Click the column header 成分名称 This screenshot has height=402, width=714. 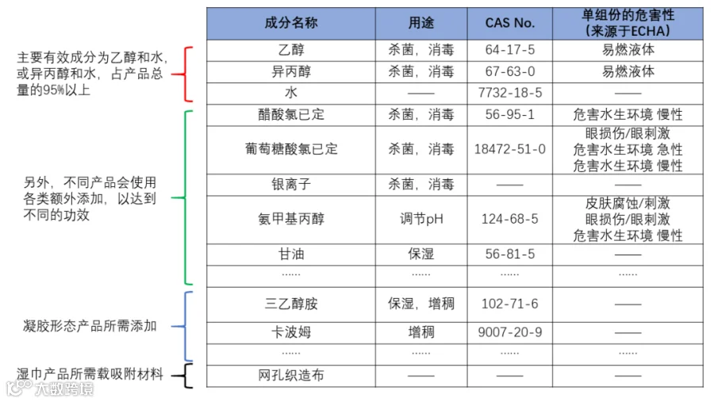(x=291, y=23)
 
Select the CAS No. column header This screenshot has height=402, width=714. (x=509, y=23)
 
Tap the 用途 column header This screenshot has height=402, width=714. (x=421, y=23)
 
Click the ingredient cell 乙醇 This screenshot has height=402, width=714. (x=291, y=50)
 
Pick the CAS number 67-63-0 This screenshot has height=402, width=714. (x=509, y=71)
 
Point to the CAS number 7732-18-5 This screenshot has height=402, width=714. (x=509, y=93)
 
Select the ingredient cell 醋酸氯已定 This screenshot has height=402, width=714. (x=291, y=114)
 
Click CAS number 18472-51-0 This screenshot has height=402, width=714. (x=509, y=149)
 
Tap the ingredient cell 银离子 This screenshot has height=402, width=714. (x=291, y=185)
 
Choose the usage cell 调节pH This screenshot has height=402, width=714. (x=421, y=219)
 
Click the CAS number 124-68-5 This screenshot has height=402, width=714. (x=509, y=219)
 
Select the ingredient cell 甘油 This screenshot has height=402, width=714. (x=291, y=254)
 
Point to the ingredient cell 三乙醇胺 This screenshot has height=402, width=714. (x=291, y=304)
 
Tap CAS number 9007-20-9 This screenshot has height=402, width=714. (x=509, y=331)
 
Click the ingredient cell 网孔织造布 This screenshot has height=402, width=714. (x=291, y=375)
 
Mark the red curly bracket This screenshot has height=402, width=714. (x=187, y=74)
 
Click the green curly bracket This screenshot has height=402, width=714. (x=187, y=197)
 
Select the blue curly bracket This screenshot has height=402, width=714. (x=187, y=326)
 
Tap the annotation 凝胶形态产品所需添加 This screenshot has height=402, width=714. (x=90, y=326)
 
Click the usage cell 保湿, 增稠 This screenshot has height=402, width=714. (x=421, y=304)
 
